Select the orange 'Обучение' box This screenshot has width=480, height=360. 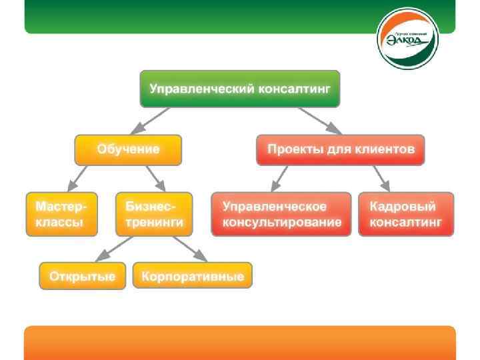tap(128, 149)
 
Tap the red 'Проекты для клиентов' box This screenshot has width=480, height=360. tap(341, 149)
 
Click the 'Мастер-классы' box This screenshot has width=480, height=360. tap(61, 214)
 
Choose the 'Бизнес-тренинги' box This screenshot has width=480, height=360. tap(154, 214)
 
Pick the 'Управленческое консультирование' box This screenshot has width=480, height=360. tap(281, 214)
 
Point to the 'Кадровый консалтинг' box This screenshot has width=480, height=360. tap(406, 214)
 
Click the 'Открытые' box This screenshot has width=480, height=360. tap(82, 275)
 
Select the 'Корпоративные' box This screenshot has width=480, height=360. tap(193, 275)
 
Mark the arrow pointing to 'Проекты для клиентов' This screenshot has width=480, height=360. tap(321, 120)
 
